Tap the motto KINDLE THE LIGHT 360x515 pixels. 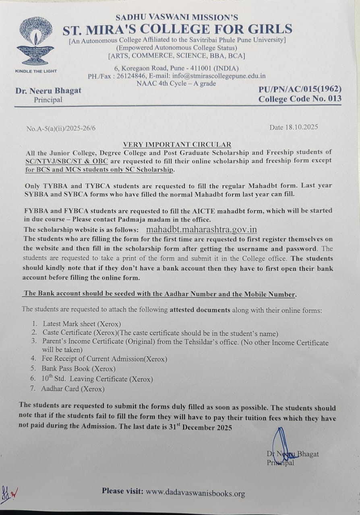coord(36,71)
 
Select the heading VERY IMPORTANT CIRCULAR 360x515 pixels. coord(177,144)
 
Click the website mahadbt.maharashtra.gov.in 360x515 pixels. coord(201,229)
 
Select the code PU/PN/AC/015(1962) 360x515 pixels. coord(300,89)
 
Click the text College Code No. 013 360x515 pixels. coord(300,99)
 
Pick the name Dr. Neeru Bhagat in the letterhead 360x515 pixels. coord(48,91)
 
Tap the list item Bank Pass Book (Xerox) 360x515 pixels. coord(78,369)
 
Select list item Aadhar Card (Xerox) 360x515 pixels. coord(72,389)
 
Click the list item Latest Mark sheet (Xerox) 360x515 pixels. coord(81,323)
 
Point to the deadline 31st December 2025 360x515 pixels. coord(201,427)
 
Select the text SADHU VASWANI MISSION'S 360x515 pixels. coord(176,17)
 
